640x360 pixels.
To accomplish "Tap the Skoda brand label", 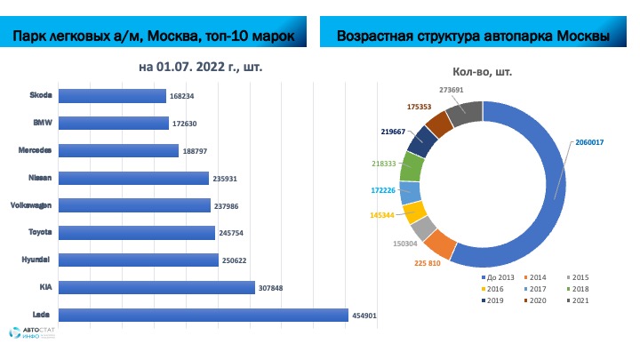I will pyautogui.click(x=41, y=95).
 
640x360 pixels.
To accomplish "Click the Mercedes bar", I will pyautogui.click(x=119, y=150).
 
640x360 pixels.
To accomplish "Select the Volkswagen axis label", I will pyautogui.click(x=31, y=204).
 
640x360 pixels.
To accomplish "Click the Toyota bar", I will pyautogui.click(x=138, y=233).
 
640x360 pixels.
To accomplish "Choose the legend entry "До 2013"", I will pyautogui.click(x=491, y=277).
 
